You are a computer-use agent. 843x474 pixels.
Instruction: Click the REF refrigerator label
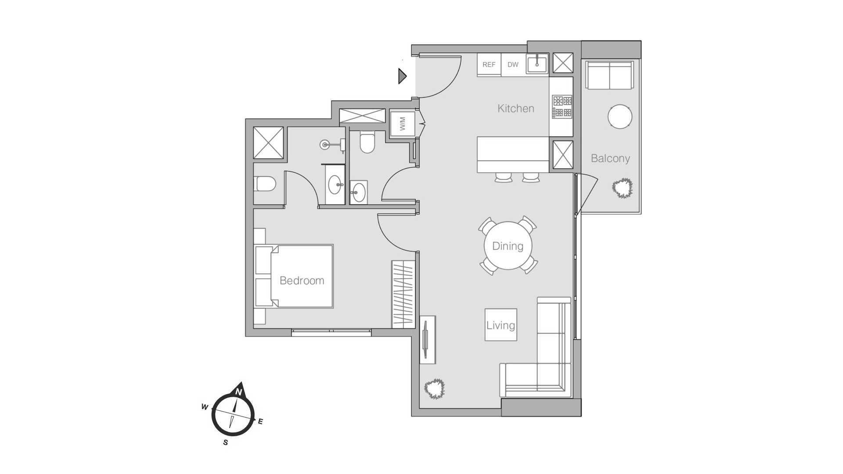pos(489,65)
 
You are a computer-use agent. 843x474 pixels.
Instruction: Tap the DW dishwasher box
pos(513,65)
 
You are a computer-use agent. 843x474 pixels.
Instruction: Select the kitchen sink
pos(537,64)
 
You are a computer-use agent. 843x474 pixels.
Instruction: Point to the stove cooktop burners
pos(562,107)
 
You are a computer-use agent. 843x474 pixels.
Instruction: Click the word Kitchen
pos(516,108)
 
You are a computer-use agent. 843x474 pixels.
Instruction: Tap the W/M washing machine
pos(403,123)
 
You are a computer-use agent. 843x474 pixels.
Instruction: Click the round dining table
pos(508,246)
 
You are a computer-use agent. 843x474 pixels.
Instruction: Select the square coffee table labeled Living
pos(501,325)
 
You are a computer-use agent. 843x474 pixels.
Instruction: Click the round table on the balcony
pos(620,117)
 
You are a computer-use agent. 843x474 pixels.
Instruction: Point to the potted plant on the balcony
pos(622,188)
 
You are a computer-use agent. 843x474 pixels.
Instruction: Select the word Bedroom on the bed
pos(302,280)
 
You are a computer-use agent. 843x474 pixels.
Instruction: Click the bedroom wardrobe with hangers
pos(403,294)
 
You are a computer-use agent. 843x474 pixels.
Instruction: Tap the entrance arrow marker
pos(403,76)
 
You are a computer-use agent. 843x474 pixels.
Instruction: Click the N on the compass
pos(239,391)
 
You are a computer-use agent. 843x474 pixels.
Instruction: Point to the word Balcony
pos(610,158)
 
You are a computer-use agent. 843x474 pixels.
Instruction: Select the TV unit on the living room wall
pos(427,340)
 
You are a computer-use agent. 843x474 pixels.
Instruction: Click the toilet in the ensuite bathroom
pos(265,184)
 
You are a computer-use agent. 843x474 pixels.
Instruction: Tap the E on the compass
pos(260,422)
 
